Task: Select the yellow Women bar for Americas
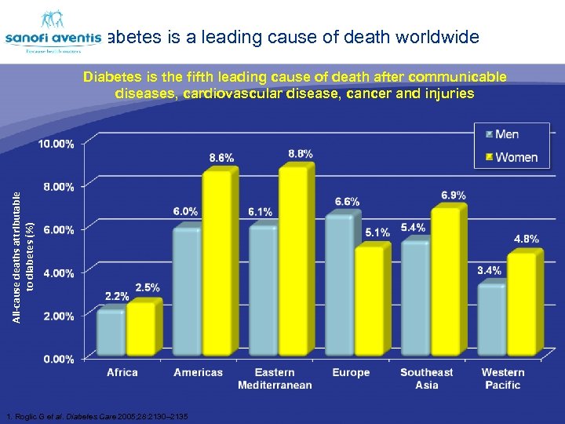(x=217, y=262)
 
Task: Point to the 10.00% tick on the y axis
(x=57, y=144)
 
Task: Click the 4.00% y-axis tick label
(x=58, y=273)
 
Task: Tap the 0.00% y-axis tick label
(x=58, y=359)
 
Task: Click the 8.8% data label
(x=301, y=154)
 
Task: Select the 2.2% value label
(x=117, y=297)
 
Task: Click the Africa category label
(x=122, y=372)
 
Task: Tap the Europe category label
(x=351, y=372)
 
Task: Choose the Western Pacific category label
(x=503, y=378)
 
